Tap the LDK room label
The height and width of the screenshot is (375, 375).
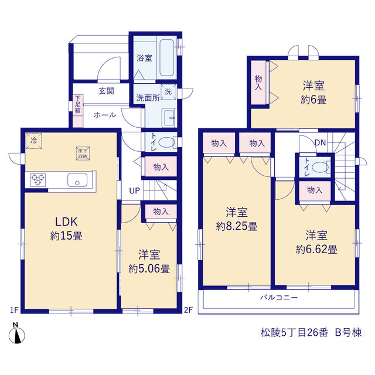[x=66, y=222]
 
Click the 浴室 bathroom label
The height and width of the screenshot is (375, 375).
[x=144, y=58]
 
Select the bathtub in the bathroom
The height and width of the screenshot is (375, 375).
[x=166, y=57]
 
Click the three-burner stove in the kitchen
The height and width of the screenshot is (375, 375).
[x=37, y=180]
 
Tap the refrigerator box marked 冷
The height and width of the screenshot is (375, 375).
[x=34, y=141]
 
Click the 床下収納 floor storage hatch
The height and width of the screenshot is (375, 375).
[x=83, y=154]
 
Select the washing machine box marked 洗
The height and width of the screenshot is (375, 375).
[x=168, y=91]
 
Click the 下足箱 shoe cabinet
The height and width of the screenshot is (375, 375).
[x=78, y=111]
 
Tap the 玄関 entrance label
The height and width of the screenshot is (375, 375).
[x=107, y=91]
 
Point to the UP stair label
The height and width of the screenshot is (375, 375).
[x=134, y=191]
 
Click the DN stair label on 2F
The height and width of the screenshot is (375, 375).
[x=320, y=143]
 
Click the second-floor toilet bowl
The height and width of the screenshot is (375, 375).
[x=321, y=167]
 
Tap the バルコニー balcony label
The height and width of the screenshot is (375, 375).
[x=279, y=297]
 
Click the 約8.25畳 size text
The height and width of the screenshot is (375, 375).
[x=237, y=226]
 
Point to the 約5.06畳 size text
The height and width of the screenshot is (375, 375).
[x=149, y=269]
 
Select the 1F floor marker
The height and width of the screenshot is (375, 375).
[x=14, y=310]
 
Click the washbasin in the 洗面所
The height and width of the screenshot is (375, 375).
[x=169, y=118]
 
